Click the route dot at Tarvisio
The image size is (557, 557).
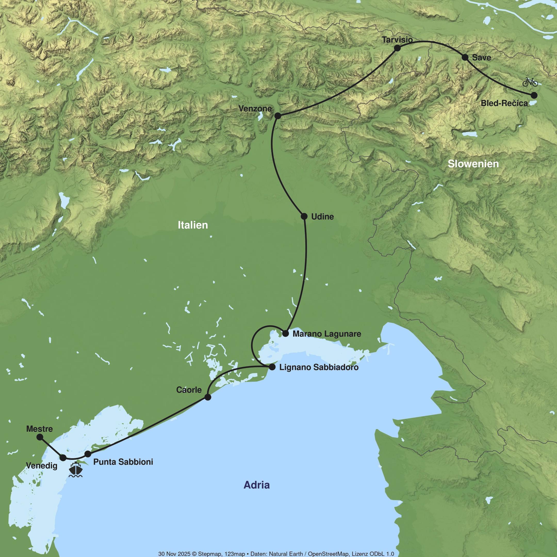[x=397, y=48]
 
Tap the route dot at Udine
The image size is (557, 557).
[x=304, y=216]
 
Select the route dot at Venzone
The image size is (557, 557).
[x=278, y=116]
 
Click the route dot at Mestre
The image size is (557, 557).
[x=40, y=437]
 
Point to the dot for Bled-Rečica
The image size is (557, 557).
[x=534, y=95]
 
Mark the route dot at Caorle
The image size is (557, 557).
[x=208, y=397]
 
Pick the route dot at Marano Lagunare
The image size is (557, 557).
[x=285, y=334]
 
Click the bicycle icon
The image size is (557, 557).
[x=530, y=82]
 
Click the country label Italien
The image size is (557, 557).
[x=193, y=225]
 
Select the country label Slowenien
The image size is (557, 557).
[x=473, y=164]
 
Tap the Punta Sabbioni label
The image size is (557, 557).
[x=123, y=462]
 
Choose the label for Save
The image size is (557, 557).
[x=481, y=58]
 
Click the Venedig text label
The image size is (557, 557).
[x=42, y=466]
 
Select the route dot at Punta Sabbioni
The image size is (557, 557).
[x=88, y=454]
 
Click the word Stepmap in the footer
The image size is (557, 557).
[x=208, y=554]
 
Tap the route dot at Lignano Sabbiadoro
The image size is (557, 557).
[x=272, y=367]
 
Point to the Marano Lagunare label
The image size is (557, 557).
[x=327, y=334]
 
